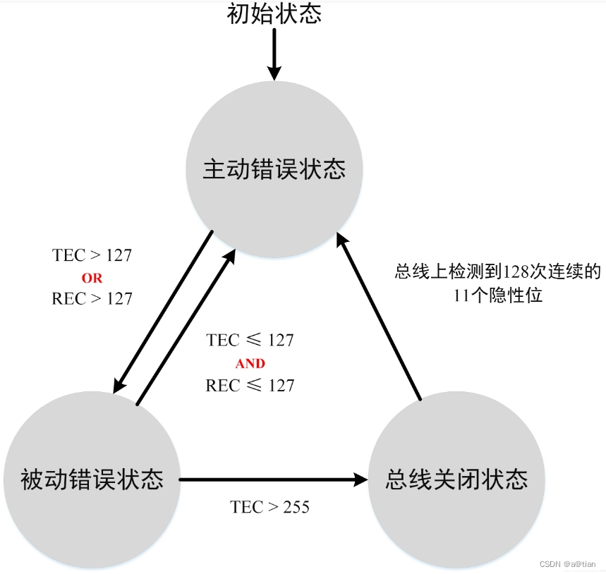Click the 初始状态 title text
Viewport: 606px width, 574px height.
tap(274, 14)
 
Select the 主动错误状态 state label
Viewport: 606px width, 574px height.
tap(274, 170)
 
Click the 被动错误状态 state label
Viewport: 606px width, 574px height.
tap(92, 480)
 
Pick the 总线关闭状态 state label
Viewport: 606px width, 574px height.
tap(456, 480)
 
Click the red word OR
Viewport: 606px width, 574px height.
tap(92, 278)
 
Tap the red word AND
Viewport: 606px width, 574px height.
tap(250, 364)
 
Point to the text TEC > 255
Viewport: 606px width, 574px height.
tap(270, 507)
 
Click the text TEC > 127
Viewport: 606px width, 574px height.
tap(92, 255)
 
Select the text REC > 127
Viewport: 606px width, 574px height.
tap(92, 299)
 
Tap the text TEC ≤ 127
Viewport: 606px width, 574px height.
tap(250, 340)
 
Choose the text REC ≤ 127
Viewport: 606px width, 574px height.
tap(250, 386)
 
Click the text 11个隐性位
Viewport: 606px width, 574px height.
tap(498, 296)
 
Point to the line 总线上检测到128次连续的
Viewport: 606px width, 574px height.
tap(497, 271)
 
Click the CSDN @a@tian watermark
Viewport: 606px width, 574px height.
tap(568, 564)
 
